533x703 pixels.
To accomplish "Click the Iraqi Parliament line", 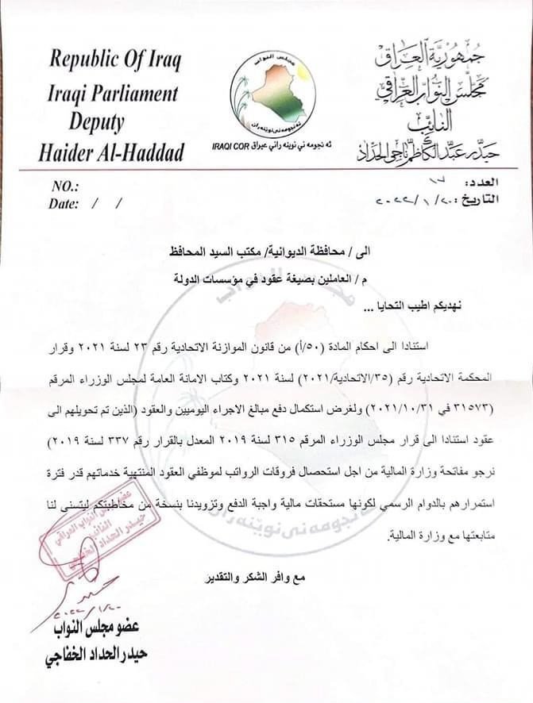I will click(114, 93).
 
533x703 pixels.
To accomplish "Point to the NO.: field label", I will click(66, 187).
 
